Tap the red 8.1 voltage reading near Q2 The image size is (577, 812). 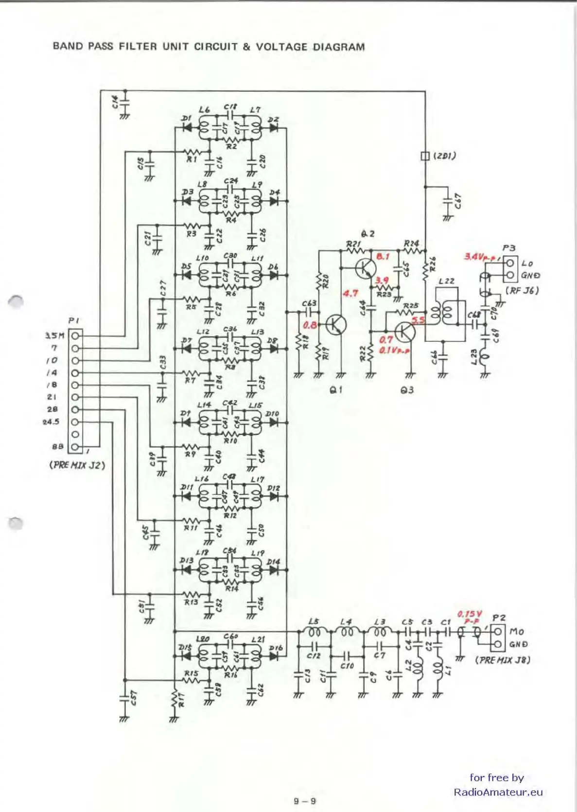coord(383,256)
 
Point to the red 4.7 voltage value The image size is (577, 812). coord(350,293)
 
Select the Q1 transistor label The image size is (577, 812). coord(336,389)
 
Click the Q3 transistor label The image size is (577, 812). coord(407,390)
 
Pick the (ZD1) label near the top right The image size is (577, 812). coord(445,156)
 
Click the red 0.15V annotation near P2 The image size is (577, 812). coord(469,615)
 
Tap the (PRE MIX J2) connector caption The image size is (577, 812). coord(77,465)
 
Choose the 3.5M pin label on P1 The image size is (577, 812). coord(54,335)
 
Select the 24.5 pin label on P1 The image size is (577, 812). coord(51,422)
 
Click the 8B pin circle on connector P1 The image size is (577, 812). coord(75,446)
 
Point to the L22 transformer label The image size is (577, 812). coord(446,281)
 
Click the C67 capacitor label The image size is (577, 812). coord(458,201)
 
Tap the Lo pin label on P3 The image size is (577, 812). coord(527,264)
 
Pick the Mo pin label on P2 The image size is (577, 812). coord(516,632)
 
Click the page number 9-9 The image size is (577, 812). coord(305,801)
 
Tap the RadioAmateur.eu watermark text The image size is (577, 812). coord(498,792)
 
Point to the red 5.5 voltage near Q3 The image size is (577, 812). coord(418,320)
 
